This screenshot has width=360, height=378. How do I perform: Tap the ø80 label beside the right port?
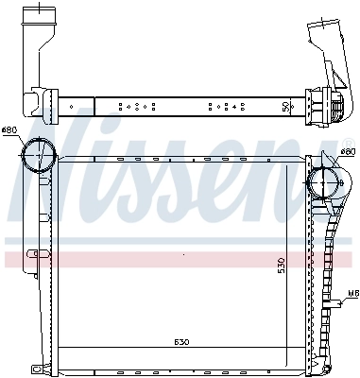347,151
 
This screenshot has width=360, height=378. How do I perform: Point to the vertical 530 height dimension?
281,266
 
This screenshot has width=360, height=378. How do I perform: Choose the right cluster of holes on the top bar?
226,107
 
